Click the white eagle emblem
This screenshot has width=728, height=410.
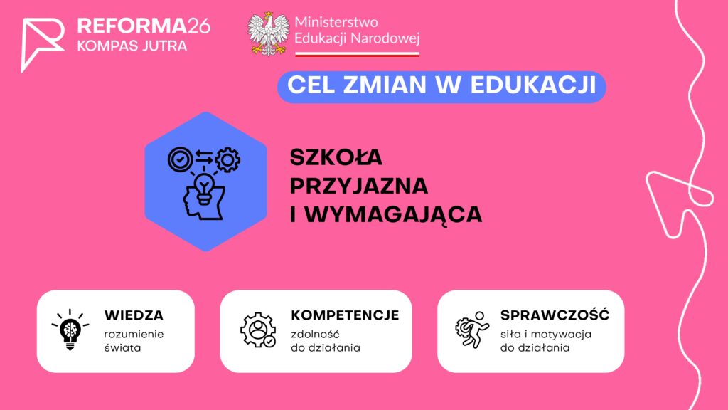tap(268, 34)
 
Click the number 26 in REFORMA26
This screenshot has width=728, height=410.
tap(199, 26)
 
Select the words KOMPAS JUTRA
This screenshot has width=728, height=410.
tap(132, 46)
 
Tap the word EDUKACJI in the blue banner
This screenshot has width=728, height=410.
tap(533, 85)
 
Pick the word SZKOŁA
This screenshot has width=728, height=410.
tap(336, 157)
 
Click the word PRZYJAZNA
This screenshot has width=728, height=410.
tap(359, 186)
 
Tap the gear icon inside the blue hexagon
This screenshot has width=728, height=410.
tap(227, 160)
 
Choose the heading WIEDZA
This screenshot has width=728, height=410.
tap(134, 315)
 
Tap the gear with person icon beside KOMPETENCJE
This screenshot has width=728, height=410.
tap(258, 330)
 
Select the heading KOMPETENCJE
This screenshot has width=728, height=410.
tap(345, 315)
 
